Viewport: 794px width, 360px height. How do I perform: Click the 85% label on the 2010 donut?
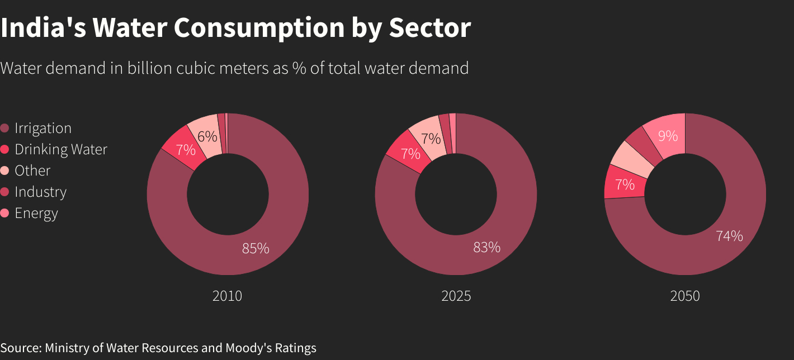(x=256, y=248)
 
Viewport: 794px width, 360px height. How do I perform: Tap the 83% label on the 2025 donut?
(x=486, y=247)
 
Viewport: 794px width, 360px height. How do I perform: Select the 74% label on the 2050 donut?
(x=729, y=236)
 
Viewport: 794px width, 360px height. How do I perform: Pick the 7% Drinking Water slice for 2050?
(x=624, y=184)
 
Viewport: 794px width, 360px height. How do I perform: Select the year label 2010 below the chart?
(x=227, y=296)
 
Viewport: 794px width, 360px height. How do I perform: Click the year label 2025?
(x=456, y=296)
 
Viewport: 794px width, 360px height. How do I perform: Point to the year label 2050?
(x=684, y=296)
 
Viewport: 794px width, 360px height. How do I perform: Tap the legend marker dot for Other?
(x=5, y=170)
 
